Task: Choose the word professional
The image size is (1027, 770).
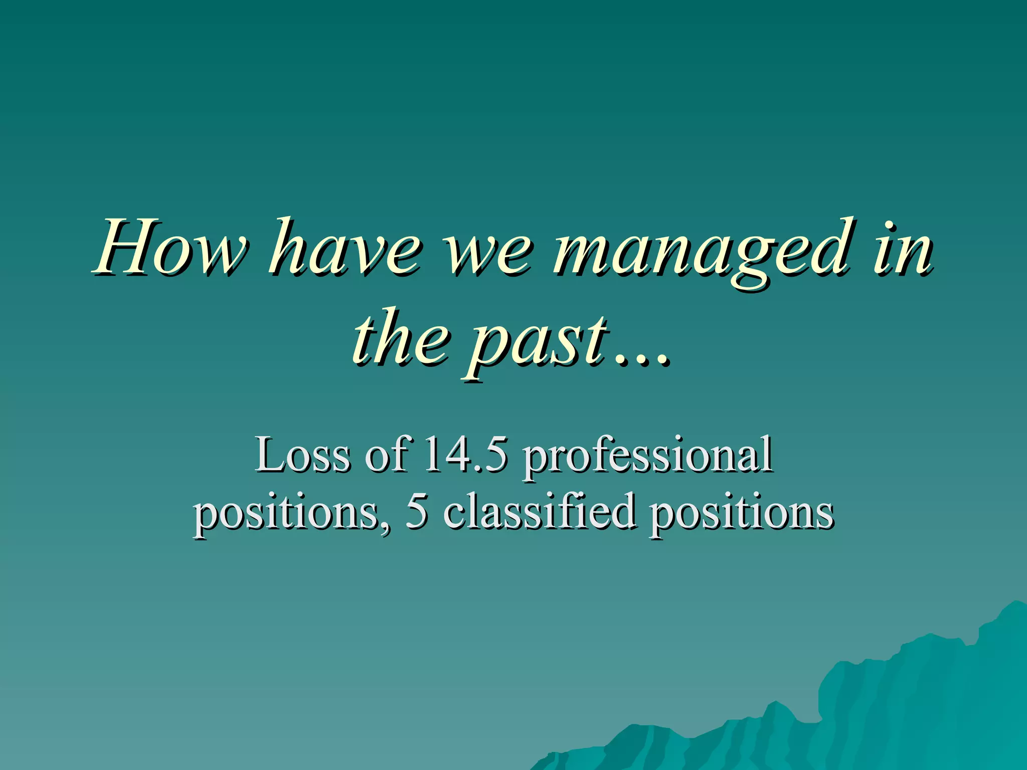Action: tap(647, 456)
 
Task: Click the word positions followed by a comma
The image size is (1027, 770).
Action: tap(287, 514)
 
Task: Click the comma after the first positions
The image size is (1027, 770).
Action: tap(385, 526)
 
